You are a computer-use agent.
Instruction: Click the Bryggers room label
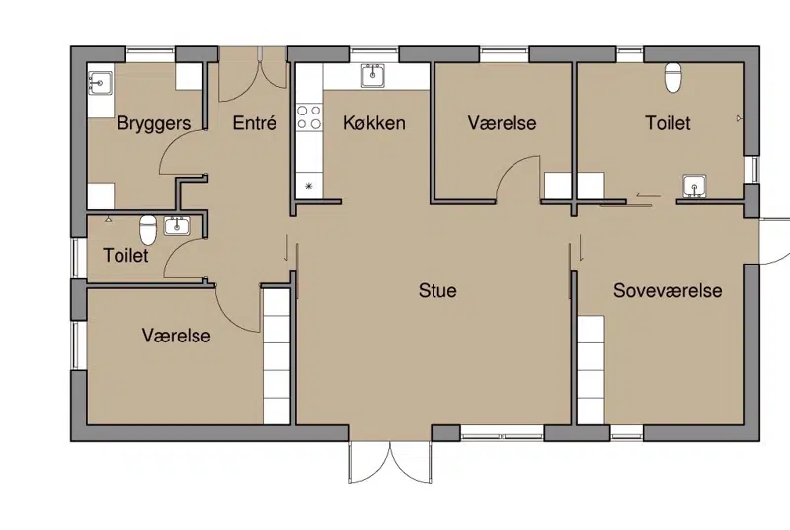click(x=154, y=123)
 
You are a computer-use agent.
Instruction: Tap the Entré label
click(x=255, y=123)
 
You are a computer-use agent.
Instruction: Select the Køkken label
click(x=374, y=123)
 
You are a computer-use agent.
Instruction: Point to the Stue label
click(x=437, y=290)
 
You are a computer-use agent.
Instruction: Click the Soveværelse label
click(x=668, y=290)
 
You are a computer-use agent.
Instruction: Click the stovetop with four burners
click(x=309, y=116)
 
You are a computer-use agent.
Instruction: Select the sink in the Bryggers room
click(x=101, y=83)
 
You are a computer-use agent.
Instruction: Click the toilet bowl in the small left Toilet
click(x=147, y=229)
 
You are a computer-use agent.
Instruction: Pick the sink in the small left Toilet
click(x=177, y=225)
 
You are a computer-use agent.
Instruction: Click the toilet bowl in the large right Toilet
click(x=673, y=78)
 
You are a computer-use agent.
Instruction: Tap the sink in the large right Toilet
click(x=695, y=187)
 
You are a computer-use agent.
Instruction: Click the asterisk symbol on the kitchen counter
click(x=309, y=186)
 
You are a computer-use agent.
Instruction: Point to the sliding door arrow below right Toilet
click(x=648, y=195)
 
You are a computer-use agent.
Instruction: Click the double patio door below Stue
click(x=390, y=463)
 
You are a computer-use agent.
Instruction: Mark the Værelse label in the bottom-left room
click(x=177, y=336)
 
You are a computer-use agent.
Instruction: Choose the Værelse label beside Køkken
click(x=503, y=123)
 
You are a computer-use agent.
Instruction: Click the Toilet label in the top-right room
click(x=668, y=123)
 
